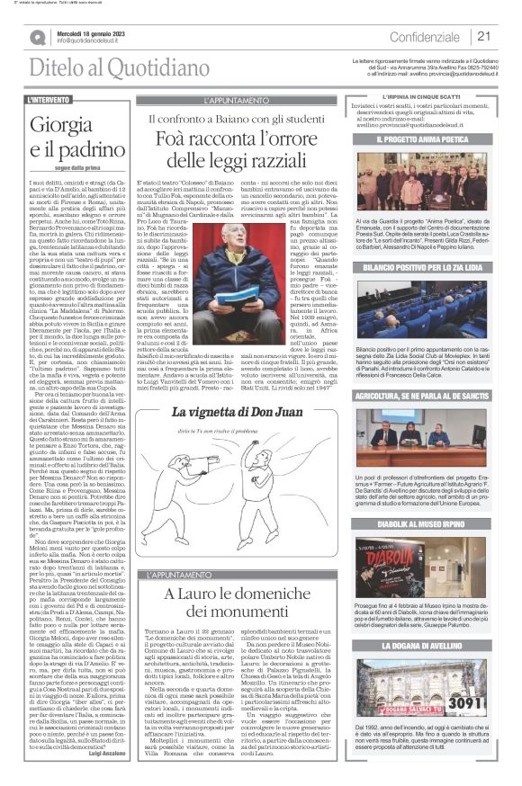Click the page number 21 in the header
coord(484,36)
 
